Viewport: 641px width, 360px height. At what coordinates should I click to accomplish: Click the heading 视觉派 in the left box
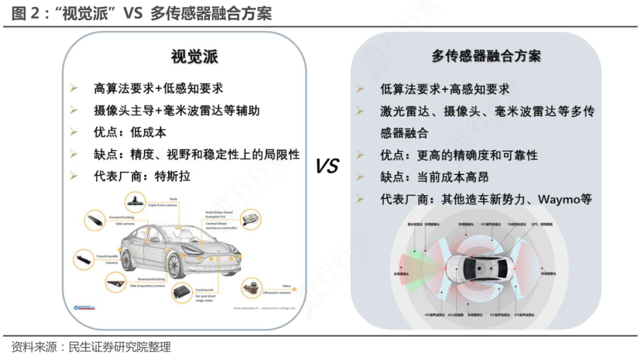(194, 56)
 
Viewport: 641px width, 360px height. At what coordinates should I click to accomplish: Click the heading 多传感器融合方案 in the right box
(486, 56)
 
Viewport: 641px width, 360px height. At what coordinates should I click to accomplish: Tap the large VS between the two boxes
(326, 167)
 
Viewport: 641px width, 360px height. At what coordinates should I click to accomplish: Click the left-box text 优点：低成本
(130, 132)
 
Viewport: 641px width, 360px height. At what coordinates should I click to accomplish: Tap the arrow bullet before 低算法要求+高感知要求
(360, 89)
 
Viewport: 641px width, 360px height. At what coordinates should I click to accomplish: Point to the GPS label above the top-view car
(535, 225)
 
